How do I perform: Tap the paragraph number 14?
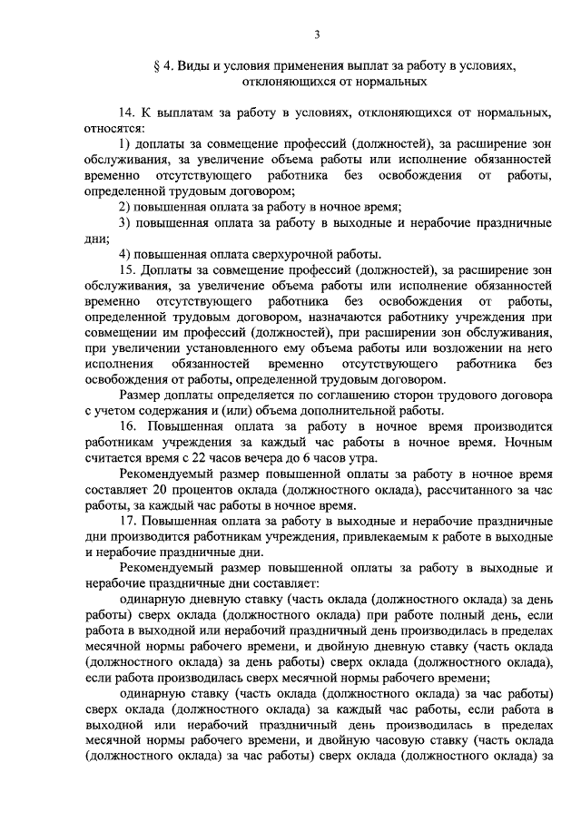point(127,113)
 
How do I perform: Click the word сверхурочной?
point(271,254)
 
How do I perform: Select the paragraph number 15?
point(127,269)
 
